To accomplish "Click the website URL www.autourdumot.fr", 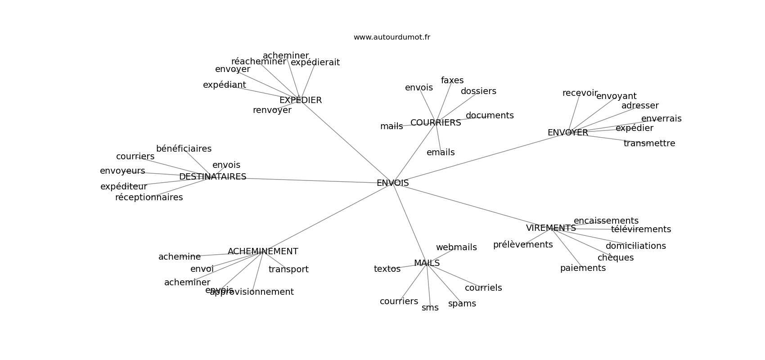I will [x=391, y=37].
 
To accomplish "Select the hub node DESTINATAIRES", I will [x=212, y=177].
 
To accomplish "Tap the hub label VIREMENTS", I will [x=551, y=228].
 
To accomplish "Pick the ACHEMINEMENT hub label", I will [x=263, y=252].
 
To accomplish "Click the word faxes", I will [x=452, y=81].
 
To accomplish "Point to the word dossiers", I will [x=478, y=91].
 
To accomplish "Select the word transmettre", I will [x=649, y=144].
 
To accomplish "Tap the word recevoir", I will [x=580, y=93].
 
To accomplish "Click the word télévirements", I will [x=641, y=229].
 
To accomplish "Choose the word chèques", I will [x=615, y=258].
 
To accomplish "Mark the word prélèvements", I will [x=522, y=245].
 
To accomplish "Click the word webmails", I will [x=456, y=247].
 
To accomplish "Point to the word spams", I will [x=462, y=304].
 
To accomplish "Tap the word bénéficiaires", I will [x=184, y=149].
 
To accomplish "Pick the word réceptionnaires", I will [x=149, y=198].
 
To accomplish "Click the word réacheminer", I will [x=258, y=62].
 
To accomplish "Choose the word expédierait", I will [x=315, y=63].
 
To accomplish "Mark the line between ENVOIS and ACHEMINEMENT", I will [x=328, y=217].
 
